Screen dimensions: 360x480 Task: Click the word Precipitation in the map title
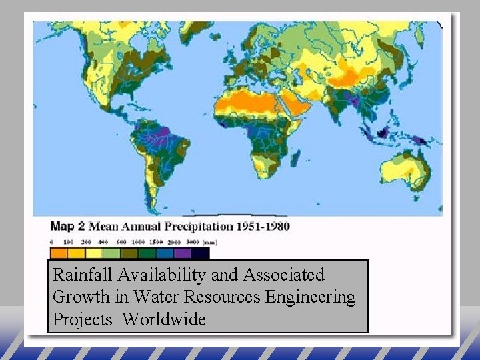203,226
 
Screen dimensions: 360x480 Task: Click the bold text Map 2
69,226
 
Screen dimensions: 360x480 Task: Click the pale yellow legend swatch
94,253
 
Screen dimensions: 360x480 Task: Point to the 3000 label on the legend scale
193,243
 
